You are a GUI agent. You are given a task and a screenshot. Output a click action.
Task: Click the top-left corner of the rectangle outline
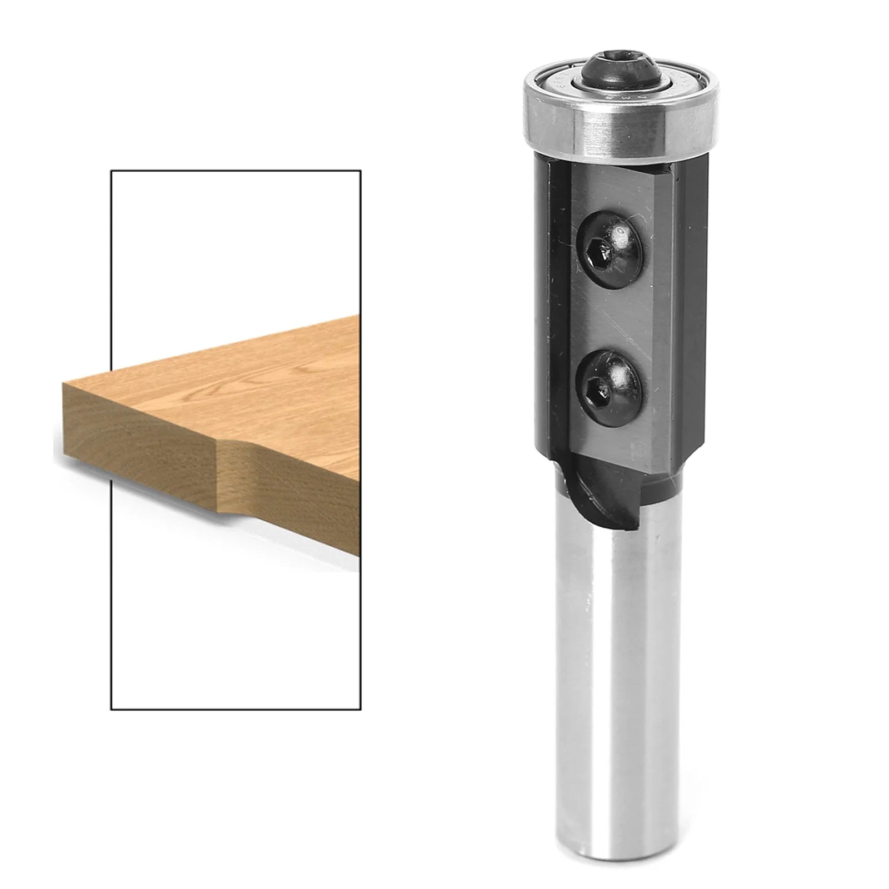(111, 171)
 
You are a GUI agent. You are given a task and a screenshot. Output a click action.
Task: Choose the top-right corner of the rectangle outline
(361, 171)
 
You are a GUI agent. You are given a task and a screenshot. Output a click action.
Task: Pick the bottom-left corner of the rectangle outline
(111, 710)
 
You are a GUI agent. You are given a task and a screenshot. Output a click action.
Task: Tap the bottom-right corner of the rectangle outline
(361, 710)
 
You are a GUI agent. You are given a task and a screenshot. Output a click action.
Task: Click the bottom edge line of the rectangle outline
(236, 710)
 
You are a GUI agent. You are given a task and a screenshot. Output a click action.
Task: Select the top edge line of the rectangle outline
(236, 171)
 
